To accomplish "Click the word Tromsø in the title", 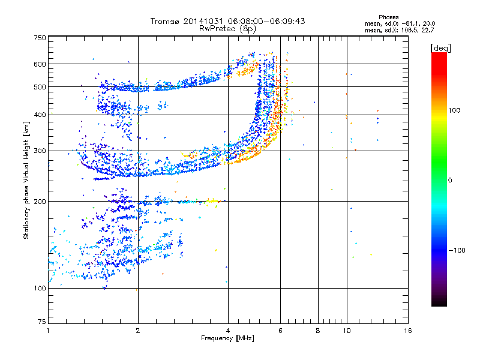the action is click(x=165, y=21).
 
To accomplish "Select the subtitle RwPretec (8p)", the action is click(x=227, y=29).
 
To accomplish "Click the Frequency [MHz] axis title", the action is click(x=227, y=338).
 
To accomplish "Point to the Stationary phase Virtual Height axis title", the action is click(x=26, y=180).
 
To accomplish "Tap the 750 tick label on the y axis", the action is click(x=40, y=38).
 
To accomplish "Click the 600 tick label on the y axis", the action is click(x=40, y=64).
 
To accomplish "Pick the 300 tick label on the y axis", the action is click(x=40, y=151).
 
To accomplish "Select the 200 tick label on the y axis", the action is click(x=40, y=202).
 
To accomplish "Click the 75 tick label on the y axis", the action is click(x=42, y=322).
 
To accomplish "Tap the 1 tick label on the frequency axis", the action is click(x=48, y=331).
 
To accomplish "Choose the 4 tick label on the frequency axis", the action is click(x=228, y=331).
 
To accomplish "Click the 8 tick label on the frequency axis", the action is click(x=318, y=331).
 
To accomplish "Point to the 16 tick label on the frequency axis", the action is click(x=408, y=331).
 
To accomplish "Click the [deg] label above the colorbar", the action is click(x=440, y=49).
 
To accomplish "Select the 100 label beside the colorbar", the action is click(x=454, y=110).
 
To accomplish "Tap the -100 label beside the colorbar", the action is click(x=457, y=250).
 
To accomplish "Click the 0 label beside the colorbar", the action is click(x=450, y=181).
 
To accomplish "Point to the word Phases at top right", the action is click(x=388, y=17).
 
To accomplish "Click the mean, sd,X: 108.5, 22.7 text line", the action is click(x=399, y=31).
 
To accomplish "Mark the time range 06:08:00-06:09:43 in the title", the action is click(x=266, y=21).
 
